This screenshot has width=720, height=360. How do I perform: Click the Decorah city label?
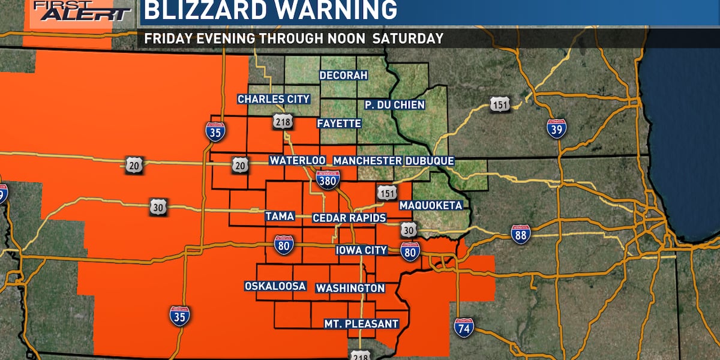[343, 76]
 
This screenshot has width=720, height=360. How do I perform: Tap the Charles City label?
[274, 99]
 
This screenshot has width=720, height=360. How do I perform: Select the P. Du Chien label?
[395, 105]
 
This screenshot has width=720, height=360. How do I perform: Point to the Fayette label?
[339, 124]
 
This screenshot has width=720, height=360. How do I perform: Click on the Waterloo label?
[297, 161]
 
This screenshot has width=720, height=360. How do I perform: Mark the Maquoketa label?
[431, 205]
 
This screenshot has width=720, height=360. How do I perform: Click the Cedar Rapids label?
[349, 218]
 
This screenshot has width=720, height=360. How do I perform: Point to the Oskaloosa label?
[275, 286]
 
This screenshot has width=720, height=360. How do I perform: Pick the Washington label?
[350, 288]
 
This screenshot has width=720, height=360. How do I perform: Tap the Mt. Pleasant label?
[361, 324]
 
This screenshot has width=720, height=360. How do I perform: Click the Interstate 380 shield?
[328, 179]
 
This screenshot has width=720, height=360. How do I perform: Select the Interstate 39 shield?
[556, 128]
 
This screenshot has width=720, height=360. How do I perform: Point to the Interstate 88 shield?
[520, 234]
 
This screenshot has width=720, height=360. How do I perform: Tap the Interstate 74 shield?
[464, 327]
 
